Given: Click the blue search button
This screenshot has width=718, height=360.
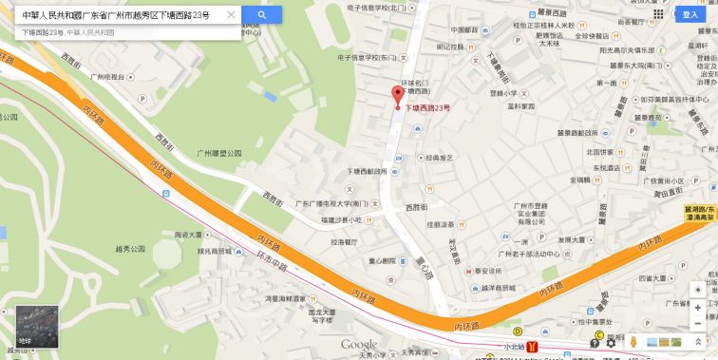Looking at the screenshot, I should pyautogui.click(x=261, y=15).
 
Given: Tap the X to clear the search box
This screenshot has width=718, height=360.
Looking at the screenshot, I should pyautogui.click(x=232, y=15).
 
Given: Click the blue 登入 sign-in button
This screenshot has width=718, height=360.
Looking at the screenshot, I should pyautogui.click(x=689, y=14).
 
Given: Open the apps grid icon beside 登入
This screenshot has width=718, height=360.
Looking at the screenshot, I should pyautogui.click(x=659, y=14).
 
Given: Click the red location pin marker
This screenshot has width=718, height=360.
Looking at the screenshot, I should pyautogui.click(x=398, y=96).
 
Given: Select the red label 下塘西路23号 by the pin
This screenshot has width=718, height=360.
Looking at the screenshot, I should pyautogui.click(x=428, y=108).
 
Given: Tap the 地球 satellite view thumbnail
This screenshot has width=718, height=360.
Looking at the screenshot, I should pyautogui.click(x=37, y=326).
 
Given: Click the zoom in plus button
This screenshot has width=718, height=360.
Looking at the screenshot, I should pyautogui.click(x=698, y=308).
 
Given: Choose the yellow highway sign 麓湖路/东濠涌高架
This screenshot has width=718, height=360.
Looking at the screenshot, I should pyautogui.click(x=700, y=215).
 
